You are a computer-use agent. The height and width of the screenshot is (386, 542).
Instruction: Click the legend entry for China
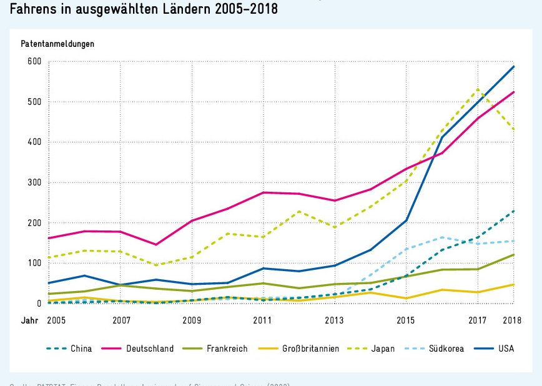coord(81,349)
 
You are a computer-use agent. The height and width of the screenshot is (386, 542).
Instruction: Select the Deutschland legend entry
coord(150,349)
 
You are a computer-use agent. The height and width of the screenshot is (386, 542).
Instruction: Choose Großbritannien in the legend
coord(310,349)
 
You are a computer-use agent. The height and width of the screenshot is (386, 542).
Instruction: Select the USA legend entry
coord(506,349)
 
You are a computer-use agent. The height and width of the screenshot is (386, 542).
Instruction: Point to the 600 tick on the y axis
coord(33,61)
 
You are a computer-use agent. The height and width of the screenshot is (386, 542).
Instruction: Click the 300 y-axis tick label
coord(33,182)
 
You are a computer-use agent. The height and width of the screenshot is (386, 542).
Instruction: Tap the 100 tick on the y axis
coord(33,263)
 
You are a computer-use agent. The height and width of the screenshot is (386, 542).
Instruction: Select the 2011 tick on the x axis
coord(263,320)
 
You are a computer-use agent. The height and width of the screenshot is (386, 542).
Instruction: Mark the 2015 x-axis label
coord(406,320)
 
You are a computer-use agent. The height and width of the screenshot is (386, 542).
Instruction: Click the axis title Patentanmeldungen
coord(57,44)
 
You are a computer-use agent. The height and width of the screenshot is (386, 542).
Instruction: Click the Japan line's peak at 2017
coord(478,89)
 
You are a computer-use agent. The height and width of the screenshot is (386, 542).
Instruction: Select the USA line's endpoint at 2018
coord(513,66)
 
